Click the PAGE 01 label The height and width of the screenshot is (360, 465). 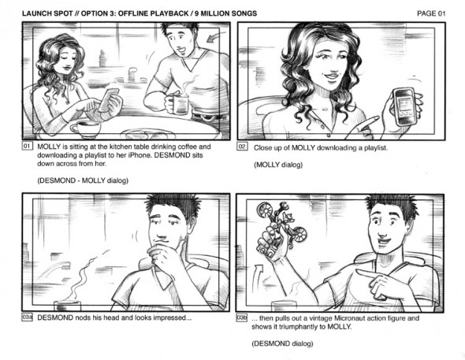tap(431, 13)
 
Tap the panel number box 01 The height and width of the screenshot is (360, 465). tap(27, 146)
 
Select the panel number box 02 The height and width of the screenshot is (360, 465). tap(242, 147)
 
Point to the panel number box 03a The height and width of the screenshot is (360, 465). tap(27, 317)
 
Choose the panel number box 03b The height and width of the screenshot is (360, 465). tap(242, 317)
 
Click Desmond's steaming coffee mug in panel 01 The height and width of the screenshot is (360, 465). tap(178, 104)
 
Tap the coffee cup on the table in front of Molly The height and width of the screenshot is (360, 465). tap(86, 129)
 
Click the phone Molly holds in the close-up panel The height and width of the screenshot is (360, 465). tap(404, 106)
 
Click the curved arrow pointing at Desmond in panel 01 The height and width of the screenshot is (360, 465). tap(216, 36)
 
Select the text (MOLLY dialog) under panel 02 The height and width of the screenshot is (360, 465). tap(278, 165)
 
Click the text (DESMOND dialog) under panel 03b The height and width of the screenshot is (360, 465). tap(282, 343)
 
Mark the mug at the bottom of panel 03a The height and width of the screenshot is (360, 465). tap(67, 305)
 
